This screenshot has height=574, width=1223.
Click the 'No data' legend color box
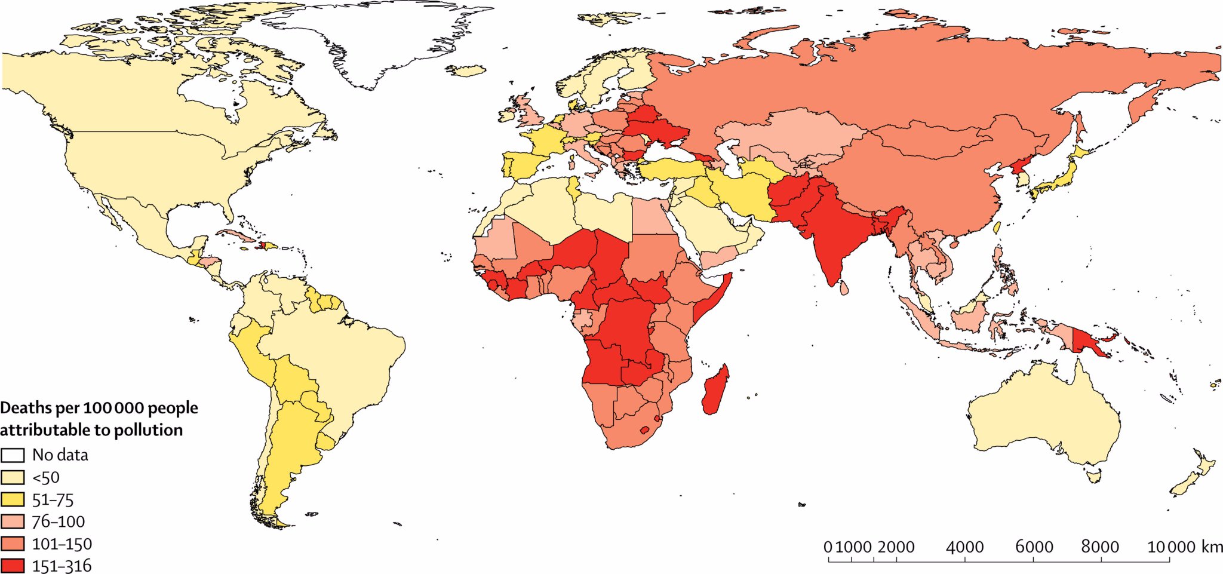[13, 455]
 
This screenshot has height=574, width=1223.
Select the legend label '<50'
[46, 478]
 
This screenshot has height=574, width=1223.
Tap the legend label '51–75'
[53, 500]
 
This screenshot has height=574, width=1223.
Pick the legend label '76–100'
[58, 522]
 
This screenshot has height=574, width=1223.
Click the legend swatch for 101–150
[13, 544]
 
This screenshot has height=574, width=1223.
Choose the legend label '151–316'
[62, 566]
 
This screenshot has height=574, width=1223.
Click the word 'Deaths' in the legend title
[26, 408]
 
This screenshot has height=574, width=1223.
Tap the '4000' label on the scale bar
[964, 547]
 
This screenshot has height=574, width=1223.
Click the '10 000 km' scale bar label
[1184, 547]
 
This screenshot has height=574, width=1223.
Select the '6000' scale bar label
[1034, 547]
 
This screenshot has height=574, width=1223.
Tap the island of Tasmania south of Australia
[1094, 476]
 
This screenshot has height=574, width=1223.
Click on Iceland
[465, 71]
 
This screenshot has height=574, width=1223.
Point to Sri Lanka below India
[843, 288]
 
